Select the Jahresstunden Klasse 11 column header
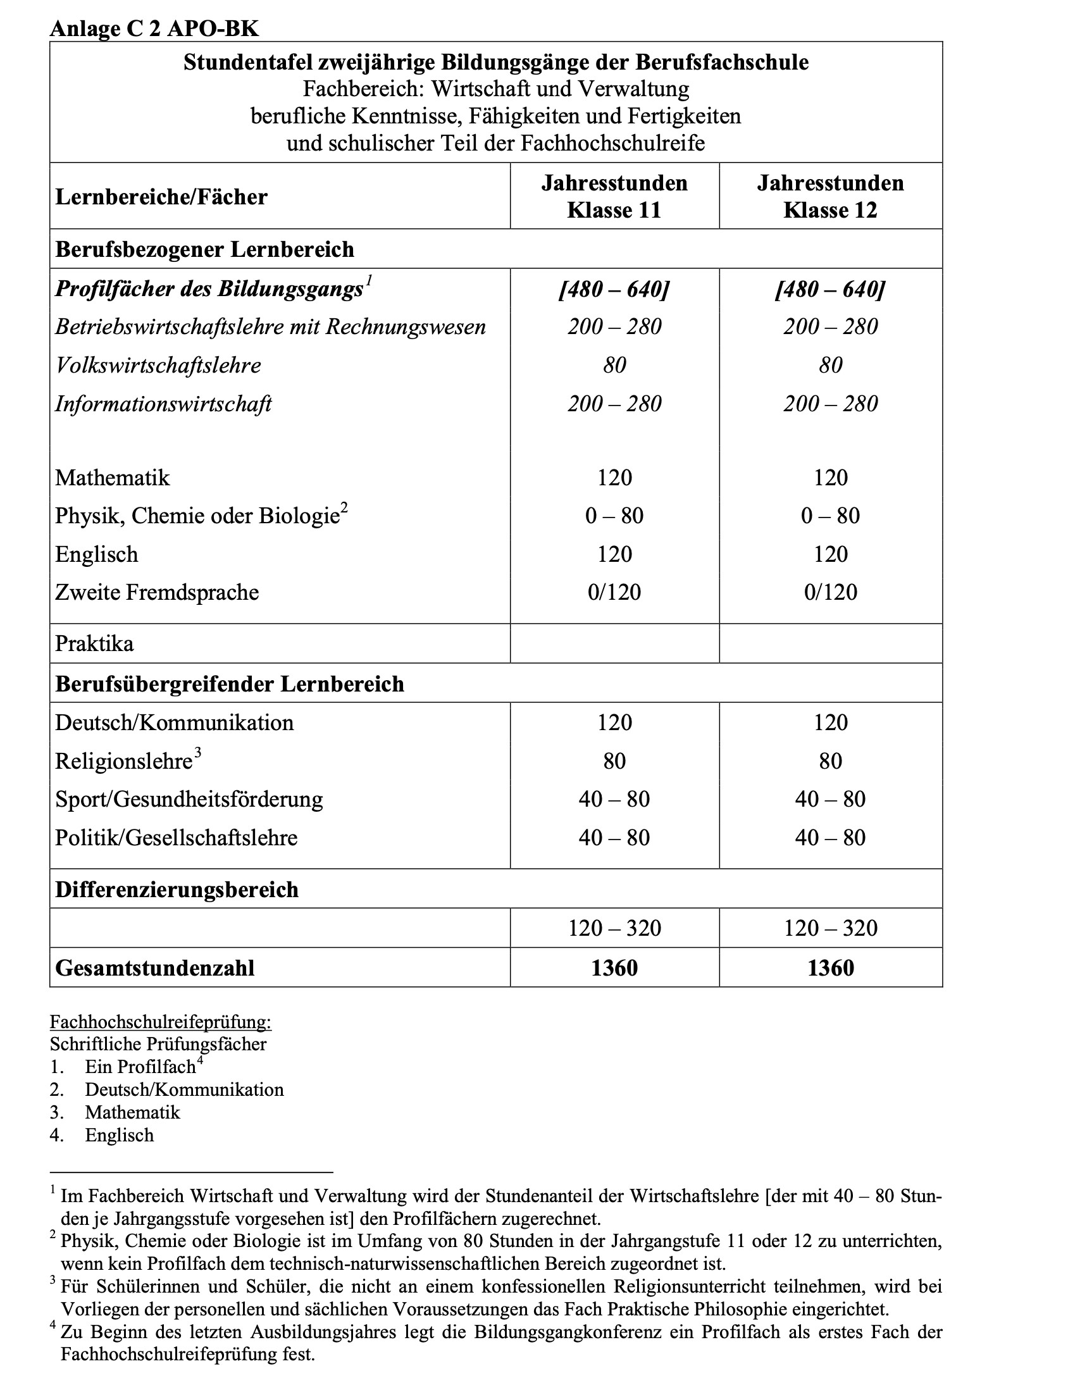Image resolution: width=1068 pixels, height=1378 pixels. point(614,196)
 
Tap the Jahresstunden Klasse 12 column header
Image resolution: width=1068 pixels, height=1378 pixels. point(830,196)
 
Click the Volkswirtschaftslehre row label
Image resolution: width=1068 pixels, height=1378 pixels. point(158,366)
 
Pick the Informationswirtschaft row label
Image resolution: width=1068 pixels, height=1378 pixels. point(163,404)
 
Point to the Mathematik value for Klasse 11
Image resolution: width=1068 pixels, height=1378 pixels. point(614,478)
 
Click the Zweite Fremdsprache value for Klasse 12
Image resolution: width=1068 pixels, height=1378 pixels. point(830,592)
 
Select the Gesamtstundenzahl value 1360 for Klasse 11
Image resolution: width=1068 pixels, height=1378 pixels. point(614,968)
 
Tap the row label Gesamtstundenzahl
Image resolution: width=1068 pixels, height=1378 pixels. point(154,968)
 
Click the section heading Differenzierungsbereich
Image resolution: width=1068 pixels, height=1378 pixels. point(177,890)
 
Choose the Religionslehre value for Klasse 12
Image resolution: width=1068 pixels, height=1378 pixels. point(830,761)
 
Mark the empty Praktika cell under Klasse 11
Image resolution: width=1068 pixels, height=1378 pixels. point(614,643)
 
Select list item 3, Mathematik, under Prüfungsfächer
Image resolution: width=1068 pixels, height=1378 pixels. point(133,1112)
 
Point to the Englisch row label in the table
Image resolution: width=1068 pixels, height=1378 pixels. point(96,554)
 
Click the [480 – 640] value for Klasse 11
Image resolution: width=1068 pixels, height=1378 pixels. point(614,290)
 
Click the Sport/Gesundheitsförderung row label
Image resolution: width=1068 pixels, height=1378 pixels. point(189,799)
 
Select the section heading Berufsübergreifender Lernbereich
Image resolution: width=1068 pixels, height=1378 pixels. point(229,685)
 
